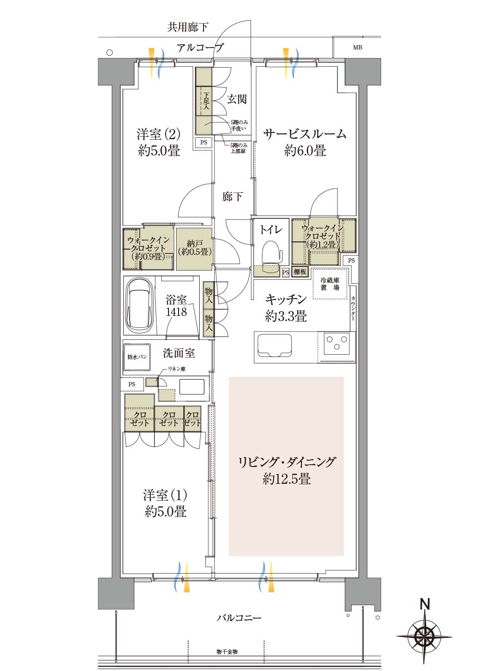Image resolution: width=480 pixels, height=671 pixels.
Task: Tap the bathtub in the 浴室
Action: (140, 304)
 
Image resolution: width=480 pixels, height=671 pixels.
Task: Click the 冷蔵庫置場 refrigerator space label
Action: (330, 284)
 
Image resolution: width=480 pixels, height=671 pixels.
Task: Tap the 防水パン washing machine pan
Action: (137, 357)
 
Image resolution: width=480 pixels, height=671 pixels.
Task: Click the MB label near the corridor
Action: (357, 48)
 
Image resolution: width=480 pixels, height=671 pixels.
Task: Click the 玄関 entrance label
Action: (237, 99)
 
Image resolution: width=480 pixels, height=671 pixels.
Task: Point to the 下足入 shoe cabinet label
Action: (205, 100)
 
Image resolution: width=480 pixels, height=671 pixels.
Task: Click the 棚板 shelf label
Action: (300, 272)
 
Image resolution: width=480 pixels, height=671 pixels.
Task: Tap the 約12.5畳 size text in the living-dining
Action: (286, 479)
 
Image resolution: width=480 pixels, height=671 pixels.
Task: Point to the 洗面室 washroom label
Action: (179, 353)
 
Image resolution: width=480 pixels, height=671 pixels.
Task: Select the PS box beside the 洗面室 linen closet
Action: (132, 384)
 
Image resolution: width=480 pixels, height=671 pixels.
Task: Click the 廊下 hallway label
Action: (232, 197)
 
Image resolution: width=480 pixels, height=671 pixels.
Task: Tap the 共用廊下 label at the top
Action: (188, 27)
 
